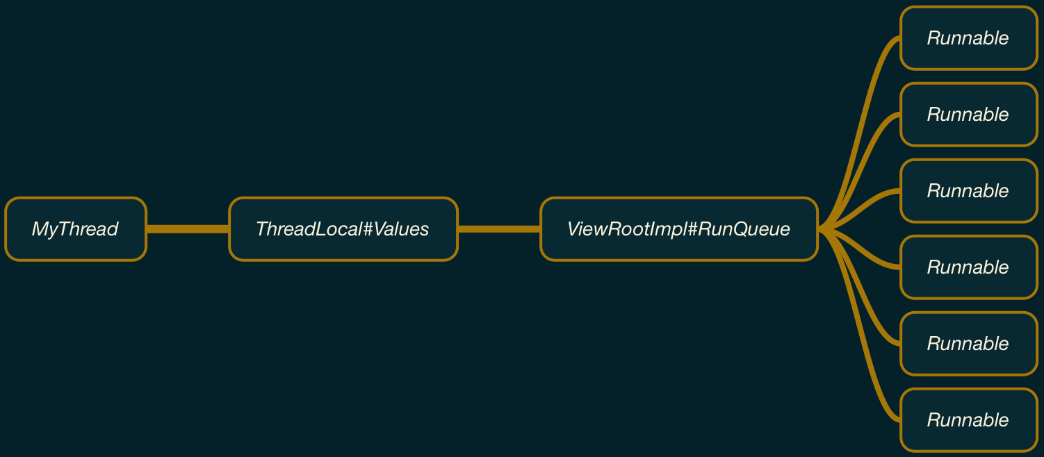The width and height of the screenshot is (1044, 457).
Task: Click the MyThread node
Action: coord(75,229)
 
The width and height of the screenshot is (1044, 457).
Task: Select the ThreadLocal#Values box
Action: coord(343,229)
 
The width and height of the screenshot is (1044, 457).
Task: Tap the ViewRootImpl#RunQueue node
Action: coord(678,229)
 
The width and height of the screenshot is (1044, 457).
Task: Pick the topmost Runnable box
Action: coord(968,38)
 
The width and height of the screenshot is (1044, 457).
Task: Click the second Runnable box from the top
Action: coord(968,115)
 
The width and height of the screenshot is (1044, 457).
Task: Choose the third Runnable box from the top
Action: coord(968,191)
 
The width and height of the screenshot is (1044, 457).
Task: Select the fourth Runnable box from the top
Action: coord(968,267)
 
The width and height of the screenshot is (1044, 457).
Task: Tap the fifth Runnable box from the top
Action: coord(968,344)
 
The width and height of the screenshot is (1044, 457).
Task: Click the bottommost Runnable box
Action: coord(968,420)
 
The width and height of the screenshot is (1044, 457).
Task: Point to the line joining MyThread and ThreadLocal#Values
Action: coord(188,228)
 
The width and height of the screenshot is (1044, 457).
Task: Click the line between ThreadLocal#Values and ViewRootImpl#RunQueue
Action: coord(499,228)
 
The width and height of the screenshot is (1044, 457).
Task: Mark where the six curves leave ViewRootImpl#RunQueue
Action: coord(822,228)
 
